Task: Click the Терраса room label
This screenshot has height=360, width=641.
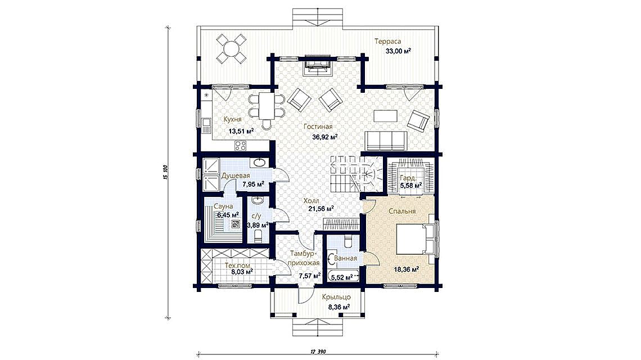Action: (387, 41)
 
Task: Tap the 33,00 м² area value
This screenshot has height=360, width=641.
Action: (398, 51)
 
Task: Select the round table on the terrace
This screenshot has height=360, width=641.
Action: (231, 49)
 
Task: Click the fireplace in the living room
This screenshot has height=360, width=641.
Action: (317, 65)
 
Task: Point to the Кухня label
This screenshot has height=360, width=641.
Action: (232, 119)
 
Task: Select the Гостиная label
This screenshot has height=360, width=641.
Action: (318, 127)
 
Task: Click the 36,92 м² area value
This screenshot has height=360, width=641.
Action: (325, 137)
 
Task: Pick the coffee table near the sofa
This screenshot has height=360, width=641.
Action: (385, 116)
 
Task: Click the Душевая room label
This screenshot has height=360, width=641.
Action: (236, 176)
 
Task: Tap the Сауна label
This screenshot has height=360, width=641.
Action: (225, 206)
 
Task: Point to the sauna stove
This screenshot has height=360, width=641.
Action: (236, 223)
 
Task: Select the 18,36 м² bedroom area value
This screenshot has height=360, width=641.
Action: (407, 269)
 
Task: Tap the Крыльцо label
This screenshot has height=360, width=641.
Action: (336, 297)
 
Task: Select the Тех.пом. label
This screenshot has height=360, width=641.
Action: (238, 265)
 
